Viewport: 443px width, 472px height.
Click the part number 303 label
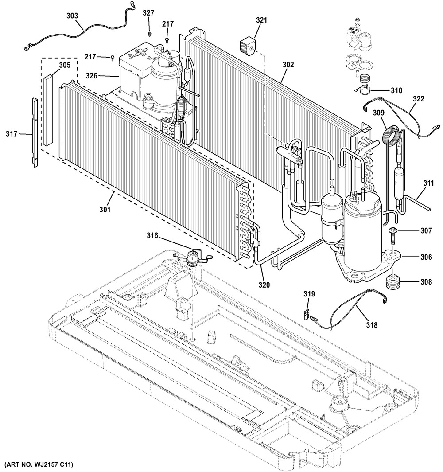coord(72,16)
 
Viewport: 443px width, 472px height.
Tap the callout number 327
coord(149,13)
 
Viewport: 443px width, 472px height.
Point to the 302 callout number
coord(288,64)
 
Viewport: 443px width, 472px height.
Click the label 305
coord(65,65)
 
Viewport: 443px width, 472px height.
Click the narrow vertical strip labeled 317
coord(35,132)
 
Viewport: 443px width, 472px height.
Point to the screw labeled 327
coord(149,33)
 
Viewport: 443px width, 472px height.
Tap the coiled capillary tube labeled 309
coord(390,135)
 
